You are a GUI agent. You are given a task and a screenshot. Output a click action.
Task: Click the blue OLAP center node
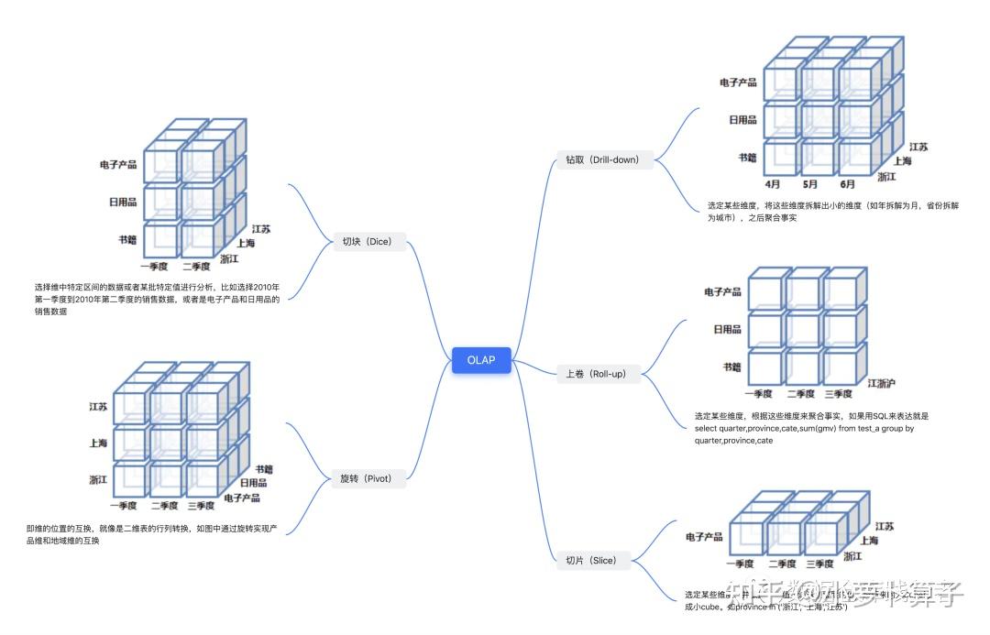point(481,360)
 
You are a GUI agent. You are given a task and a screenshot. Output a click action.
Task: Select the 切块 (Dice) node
point(366,242)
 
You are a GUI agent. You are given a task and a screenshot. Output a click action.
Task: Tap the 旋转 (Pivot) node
point(366,477)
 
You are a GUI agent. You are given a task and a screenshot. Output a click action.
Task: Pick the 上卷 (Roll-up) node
point(595,373)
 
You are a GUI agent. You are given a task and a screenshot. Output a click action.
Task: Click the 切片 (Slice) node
point(591,560)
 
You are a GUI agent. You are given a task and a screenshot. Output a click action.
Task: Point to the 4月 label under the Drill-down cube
point(772,183)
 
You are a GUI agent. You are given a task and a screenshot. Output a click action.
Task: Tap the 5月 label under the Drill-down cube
point(810,183)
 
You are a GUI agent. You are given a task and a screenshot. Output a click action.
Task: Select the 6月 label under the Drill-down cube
point(848,183)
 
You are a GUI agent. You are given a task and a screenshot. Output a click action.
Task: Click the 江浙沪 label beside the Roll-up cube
point(881,382)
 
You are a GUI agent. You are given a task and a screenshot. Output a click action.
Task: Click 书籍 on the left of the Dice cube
point(126,240)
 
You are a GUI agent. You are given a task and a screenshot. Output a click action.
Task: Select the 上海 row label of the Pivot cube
point(98,443)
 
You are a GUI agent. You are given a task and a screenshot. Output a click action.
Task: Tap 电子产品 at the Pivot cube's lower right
point(242,498)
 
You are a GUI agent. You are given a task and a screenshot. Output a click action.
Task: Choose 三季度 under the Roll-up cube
point(839,394)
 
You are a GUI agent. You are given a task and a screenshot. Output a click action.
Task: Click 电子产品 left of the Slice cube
point(704,536)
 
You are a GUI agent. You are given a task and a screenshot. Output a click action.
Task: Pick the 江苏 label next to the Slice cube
point(885,527)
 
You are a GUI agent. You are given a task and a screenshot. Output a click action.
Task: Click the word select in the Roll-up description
point(707,428)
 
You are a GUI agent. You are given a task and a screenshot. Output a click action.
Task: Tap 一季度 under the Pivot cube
point(123,506)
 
